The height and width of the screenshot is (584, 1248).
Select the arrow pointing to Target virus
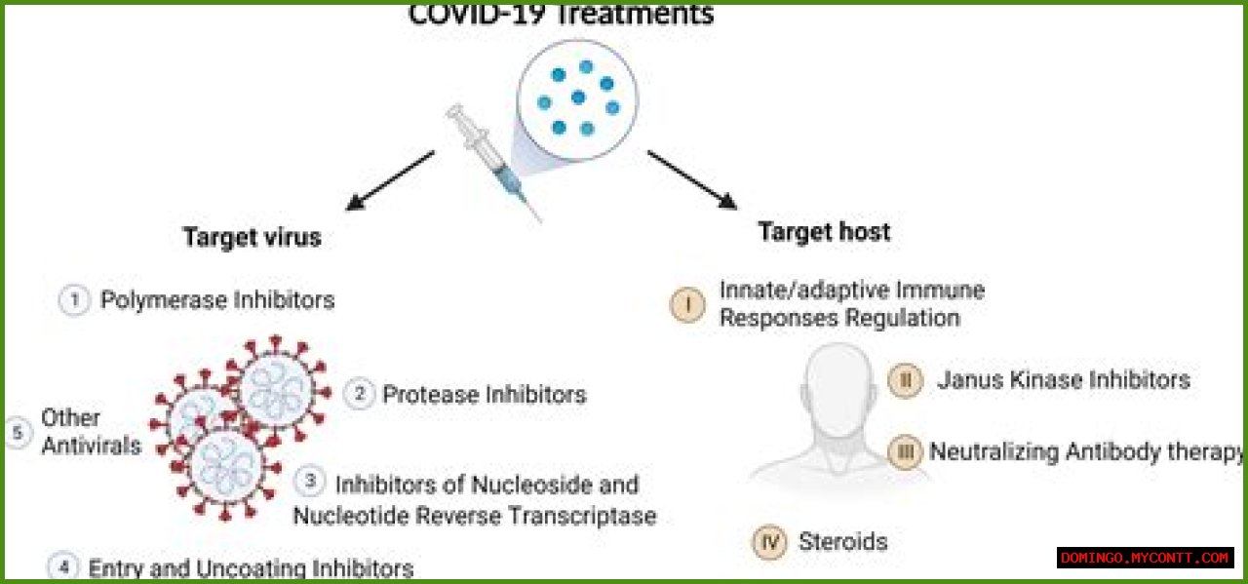point(391,180)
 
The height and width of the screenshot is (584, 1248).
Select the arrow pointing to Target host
point(691,179)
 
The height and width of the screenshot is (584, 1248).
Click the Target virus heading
point(252,238)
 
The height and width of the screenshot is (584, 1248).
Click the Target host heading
point(824,232)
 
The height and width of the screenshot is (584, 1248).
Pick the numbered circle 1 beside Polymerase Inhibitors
point(74,300)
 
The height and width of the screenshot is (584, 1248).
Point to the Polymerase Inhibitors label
point(217,300)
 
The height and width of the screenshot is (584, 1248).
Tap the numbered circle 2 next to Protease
point(359,394)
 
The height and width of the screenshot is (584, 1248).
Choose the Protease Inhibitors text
point(484,394)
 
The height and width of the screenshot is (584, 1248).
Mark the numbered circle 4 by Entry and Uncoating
point(62,566)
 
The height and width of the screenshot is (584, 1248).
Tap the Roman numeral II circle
point(905,380)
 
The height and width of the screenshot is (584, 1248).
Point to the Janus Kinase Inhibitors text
point(1064,379)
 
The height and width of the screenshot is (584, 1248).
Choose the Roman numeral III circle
point(905,452)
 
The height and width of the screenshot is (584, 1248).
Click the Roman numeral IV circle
point(769,542)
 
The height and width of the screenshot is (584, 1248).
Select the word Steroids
point(842,542)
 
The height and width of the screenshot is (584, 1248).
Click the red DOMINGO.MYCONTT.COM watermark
point(1145,558)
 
